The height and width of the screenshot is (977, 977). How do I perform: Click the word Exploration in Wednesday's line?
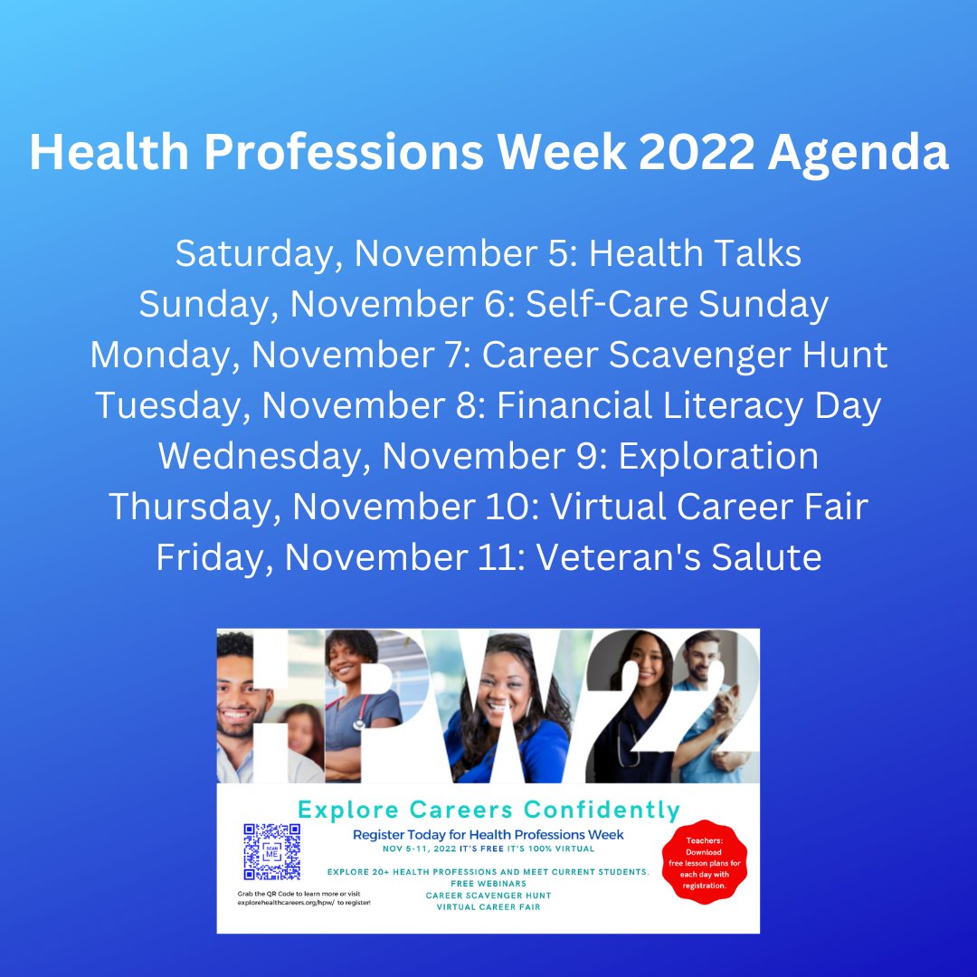718,456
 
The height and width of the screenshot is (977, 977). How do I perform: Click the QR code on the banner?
271,851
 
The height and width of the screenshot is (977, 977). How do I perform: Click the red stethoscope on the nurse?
359,714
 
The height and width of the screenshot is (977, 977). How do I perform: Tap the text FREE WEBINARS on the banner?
488,884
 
